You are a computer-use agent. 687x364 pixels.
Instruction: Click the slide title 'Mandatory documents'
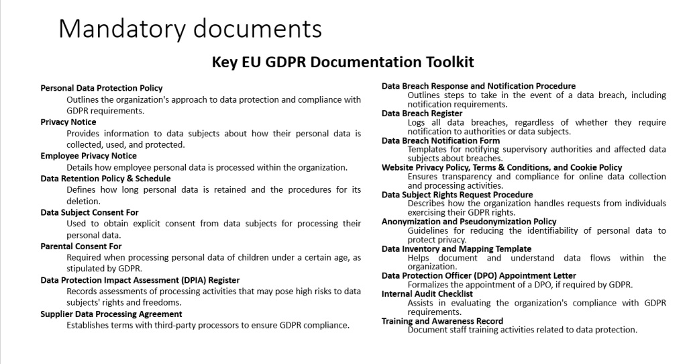190,28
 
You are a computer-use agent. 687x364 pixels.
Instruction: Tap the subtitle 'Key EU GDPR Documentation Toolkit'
343,62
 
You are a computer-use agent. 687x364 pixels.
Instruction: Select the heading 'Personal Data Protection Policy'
101,88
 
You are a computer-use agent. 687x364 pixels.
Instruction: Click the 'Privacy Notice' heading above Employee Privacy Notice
68,122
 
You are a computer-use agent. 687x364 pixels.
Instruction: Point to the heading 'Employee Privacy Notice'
89,156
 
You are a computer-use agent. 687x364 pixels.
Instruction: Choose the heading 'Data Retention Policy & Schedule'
105,179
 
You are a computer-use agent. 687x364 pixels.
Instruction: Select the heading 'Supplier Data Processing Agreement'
111,314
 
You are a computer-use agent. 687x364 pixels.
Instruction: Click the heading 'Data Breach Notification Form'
441,141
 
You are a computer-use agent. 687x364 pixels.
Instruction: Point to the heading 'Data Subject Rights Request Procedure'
457,195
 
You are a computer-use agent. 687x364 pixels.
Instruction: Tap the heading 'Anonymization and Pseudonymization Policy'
469,222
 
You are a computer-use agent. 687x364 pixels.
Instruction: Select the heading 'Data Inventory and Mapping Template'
456,249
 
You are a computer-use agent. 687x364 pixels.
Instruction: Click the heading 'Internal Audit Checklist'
427,294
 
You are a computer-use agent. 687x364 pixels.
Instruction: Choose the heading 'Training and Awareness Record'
442,321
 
